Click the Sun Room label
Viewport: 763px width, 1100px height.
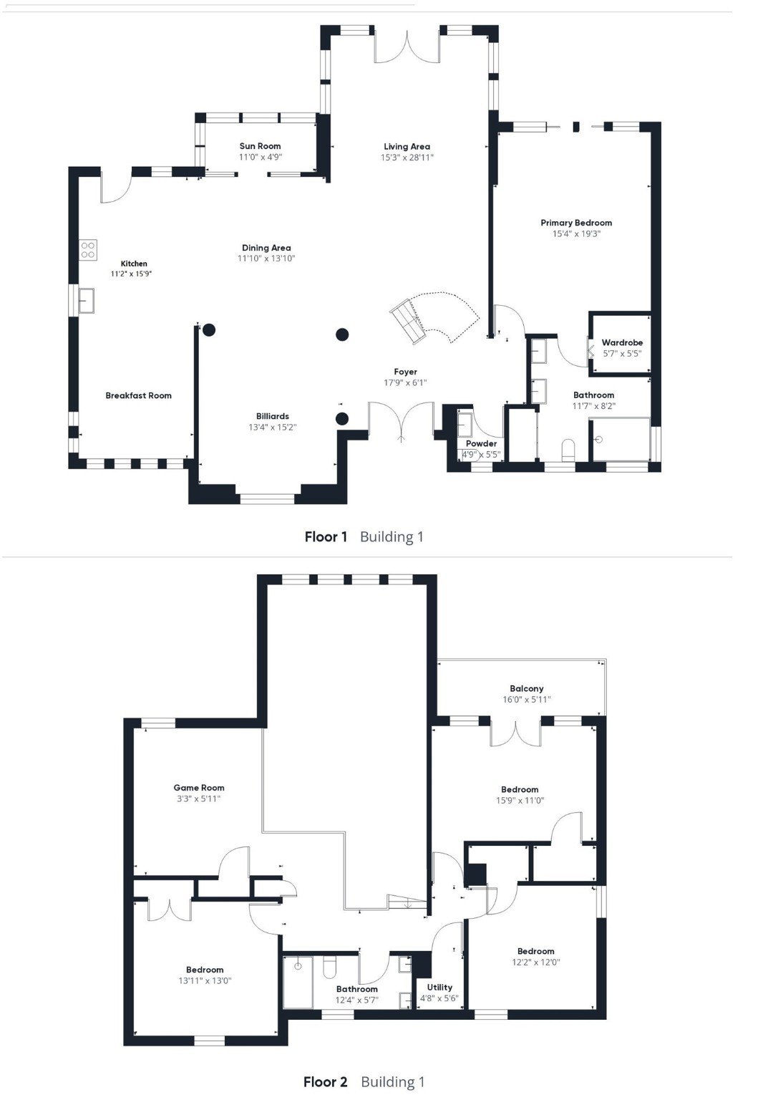point(260,146)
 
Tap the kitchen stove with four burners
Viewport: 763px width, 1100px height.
point(88,250)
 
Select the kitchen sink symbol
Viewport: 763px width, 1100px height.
point(87,300)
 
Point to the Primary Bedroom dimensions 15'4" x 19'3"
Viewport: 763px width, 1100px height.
point(576,233)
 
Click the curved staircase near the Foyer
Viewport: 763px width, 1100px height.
point(432,317)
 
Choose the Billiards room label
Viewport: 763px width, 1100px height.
point(273,416)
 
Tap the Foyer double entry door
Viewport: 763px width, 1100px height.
point(401,420)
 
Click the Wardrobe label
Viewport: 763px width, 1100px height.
point(622,343)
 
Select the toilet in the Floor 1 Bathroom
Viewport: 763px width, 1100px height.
point(569,450)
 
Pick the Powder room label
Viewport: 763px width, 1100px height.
point(481,443)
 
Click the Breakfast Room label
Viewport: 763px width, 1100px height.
point(138,395)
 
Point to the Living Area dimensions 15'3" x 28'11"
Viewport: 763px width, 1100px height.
point(407,158)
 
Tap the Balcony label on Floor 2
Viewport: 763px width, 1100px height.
point(527,688)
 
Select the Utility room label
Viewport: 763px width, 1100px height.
point(439,987)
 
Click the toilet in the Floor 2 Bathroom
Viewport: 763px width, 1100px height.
point(329,968)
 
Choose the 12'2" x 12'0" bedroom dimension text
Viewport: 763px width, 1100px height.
point(536,962)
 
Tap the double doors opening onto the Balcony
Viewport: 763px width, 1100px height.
point(515,733)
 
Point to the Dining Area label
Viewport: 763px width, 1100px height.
point(266,248)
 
